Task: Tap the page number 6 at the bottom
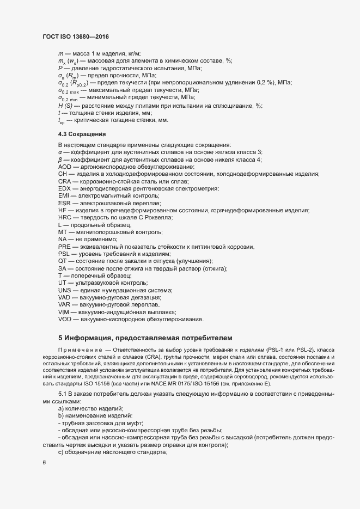[44, 463]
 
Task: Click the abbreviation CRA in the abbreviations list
[64, 181]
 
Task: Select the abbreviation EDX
[64, 188]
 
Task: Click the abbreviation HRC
[65, 217]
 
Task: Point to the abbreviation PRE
[64, 247]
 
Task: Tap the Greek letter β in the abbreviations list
[60, 159]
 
